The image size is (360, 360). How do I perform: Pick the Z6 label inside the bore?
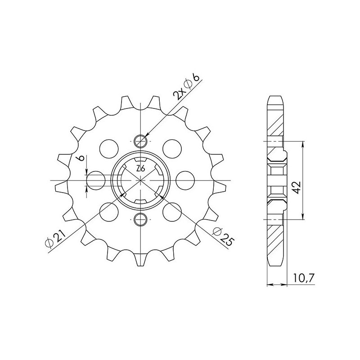click(x=140, y=169)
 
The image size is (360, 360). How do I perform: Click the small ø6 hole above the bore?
click(x=141, y=141)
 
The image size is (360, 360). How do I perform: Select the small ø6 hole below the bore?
click(x=141, y=220)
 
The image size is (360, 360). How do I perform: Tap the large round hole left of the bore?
click(x=95, y=180)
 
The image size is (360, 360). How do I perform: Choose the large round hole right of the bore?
click(x=185, y=180)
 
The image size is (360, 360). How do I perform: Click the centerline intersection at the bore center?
click(x=141, y=180)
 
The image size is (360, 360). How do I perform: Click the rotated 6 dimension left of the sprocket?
click(x=80, y=159)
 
